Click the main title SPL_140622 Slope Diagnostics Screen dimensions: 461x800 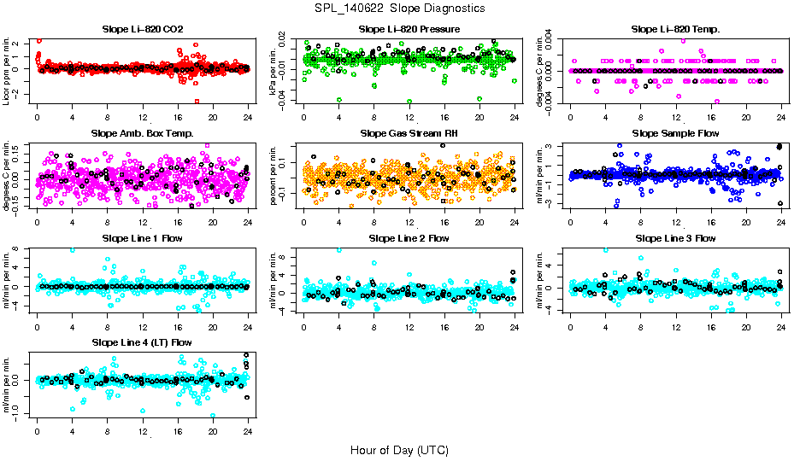pyautogui.click(x=399, y=9)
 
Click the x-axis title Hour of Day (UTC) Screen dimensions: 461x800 pyautogui.click(x=399, y=449)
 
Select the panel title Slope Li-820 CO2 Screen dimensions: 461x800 pyautogui.click(x=142, y=29)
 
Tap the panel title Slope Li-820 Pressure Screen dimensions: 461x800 pyautogui.click(x=409, y=29)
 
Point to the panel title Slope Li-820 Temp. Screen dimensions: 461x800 pyautogui.click(x=675, y=29)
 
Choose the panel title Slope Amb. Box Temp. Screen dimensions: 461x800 pyautogui.click(x=142, y=133)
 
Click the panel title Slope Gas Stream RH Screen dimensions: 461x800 pyautogui.click(x=409, y=133)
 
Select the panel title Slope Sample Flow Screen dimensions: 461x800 pyautogui.click(x=675, y=133)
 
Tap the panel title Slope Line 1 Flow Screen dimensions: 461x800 pyautogui.click(x=142, y=238)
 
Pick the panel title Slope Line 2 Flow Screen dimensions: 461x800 pyautogui.click(x=409, y=238)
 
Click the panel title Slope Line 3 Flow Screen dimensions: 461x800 pyautogui.click(x=675, y=238)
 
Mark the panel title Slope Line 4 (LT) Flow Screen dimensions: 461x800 pyautogui.click(x=142, y=342)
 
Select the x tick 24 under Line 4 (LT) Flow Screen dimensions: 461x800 pyautogui.click(x=248, y=432)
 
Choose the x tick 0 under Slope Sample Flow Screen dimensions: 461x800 pyautogui.click(x=570, y=223)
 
